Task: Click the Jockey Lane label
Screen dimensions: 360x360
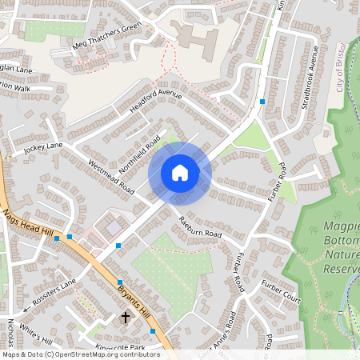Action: pos(43,148)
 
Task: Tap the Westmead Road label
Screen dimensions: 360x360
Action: pos(110,176)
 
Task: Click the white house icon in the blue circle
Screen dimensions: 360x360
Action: pos(180,172)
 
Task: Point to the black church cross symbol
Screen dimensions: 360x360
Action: pos(125,318)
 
